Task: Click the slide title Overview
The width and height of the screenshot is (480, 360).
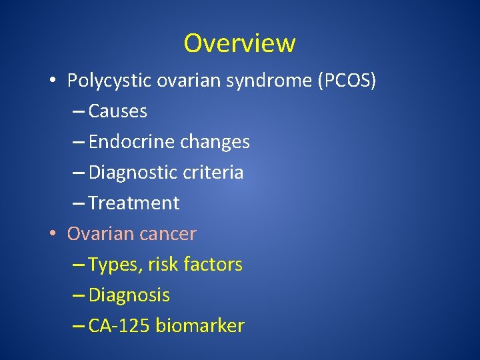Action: [239, 43]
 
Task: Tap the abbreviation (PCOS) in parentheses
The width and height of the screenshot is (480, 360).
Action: [347, 81]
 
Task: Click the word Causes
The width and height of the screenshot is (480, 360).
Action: [117, 111]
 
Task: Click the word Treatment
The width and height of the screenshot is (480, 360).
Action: [133, 203]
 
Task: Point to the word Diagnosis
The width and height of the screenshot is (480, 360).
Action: [129, 295]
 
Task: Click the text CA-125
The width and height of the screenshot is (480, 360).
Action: [119, 326]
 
